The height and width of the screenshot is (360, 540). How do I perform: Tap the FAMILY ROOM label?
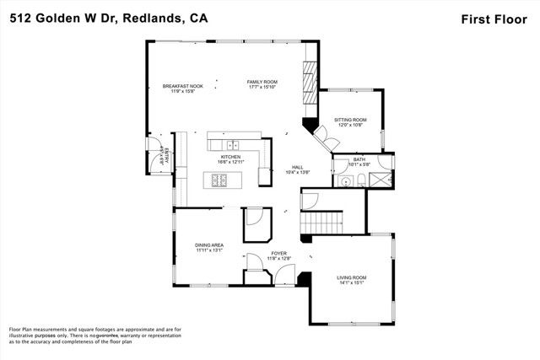click(262, 82)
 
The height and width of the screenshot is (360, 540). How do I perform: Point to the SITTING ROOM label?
click(350, 121)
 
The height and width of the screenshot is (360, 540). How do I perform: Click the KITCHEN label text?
click(231, 157)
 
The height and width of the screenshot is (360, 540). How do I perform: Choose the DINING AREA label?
click(209, 245)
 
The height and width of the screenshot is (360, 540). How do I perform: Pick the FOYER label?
click(279, 253)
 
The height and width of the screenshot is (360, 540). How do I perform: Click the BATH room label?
click(359, 159)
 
